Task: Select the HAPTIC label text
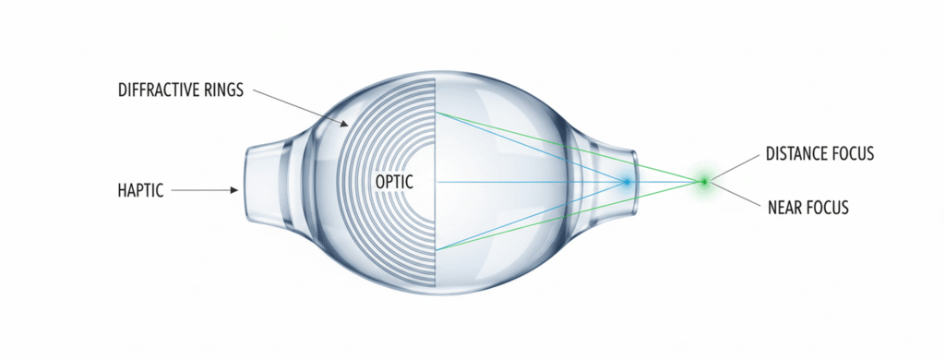click(140, 190)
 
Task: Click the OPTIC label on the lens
click(395, 182)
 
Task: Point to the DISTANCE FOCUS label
click(819, 154)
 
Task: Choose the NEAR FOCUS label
click(808, 208)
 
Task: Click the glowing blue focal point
click(627, 182)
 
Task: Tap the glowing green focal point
click(703, 181)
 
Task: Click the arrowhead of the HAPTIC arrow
click(234, 190)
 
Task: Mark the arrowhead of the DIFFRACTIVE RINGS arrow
click(345, 125)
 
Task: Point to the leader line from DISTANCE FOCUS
click(736, 166)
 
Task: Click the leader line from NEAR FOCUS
click(736, 194)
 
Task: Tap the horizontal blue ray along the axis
click(531, 182)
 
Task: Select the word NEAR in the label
click(784, 208)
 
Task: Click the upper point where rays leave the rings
click(437, 113)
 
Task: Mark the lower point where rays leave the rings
click(437, 249)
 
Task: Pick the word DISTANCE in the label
click(795, 154)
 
